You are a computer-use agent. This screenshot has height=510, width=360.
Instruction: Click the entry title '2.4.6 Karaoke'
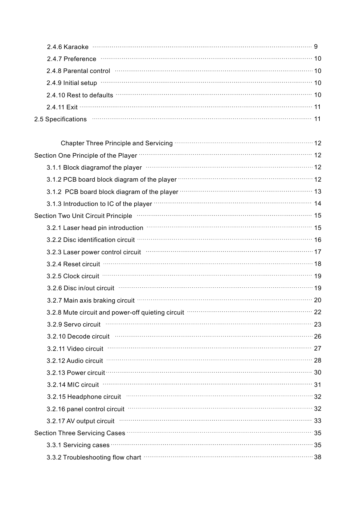point(67,47)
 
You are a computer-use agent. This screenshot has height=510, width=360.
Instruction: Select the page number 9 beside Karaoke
point(316,46)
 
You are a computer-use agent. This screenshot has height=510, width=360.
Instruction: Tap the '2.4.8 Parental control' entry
point(78,71)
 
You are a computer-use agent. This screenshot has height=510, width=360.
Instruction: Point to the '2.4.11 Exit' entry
point(62,107)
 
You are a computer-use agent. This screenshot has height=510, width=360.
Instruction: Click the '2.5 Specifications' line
point(60,119)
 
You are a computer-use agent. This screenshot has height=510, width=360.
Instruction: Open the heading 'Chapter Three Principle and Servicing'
point(116,143)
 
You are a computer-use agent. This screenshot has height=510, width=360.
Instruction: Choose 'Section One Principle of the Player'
point(86,155)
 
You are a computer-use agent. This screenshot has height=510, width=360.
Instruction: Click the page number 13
point(318,191)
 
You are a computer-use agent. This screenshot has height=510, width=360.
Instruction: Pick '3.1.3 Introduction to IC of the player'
point(99,204)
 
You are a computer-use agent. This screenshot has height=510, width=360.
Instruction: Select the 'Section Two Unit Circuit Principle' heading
point(83,216)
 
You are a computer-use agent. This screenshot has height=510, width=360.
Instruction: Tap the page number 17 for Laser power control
point(318,252)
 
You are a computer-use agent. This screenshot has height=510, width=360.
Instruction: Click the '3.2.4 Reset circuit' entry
point(73,264)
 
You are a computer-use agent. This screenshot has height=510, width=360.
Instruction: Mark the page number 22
point(318,312)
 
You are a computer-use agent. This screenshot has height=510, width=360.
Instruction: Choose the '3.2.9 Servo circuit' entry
point(74,324)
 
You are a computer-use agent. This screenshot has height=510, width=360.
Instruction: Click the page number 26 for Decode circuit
point(318,336)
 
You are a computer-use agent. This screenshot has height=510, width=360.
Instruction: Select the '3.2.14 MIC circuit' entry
point(73,385)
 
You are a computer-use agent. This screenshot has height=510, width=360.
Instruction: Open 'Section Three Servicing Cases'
point(79,433)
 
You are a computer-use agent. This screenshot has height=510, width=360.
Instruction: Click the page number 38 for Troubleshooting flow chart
point(318,457)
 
